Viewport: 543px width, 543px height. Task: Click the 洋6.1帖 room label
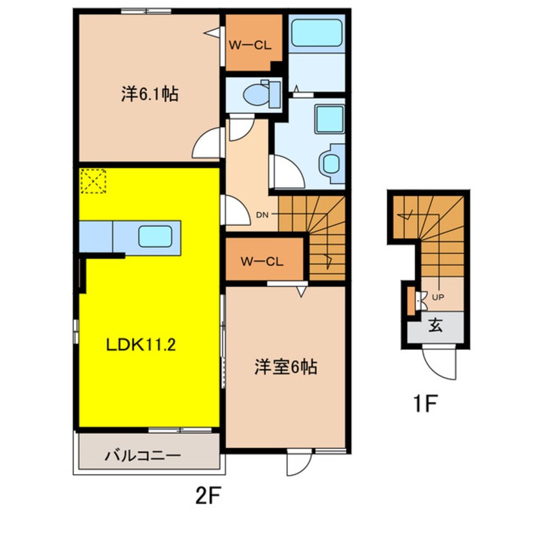(149, 95)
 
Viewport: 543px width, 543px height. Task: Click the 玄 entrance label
(436, 326)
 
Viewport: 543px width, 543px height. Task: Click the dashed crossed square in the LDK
(94, 181)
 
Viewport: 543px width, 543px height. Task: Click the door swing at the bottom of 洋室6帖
(298, 463)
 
